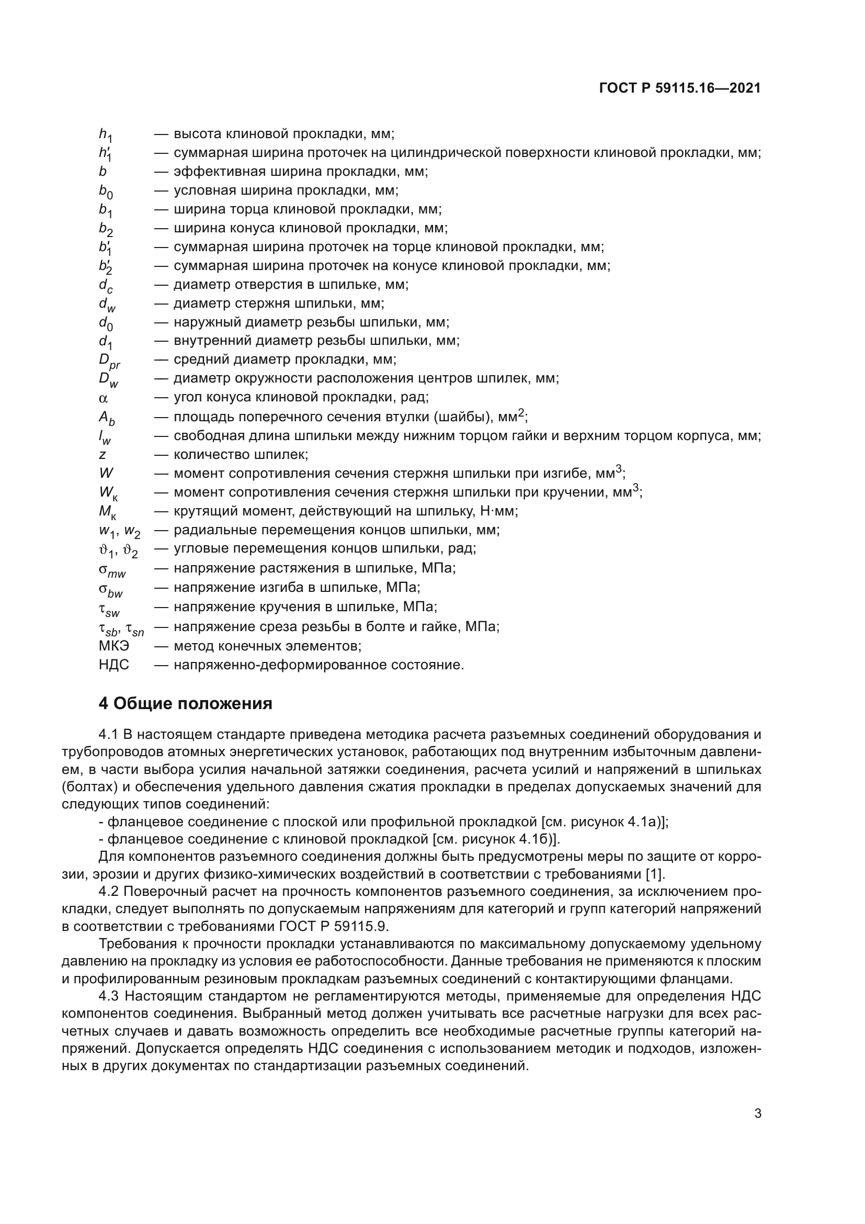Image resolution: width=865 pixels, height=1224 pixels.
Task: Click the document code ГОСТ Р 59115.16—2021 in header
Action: [x=680, y=88]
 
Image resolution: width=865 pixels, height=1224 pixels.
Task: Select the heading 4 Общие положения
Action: [x=185, y=704]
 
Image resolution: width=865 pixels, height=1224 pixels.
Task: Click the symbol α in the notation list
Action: [x=104, y=398]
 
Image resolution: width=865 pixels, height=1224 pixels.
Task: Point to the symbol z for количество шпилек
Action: [x=103, y=455]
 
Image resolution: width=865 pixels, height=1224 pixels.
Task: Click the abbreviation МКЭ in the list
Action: [x=113, y=646]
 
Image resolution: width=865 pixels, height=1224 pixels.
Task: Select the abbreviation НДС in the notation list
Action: [x=113, y=665]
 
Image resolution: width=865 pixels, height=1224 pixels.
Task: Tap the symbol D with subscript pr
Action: [x=109, y=362]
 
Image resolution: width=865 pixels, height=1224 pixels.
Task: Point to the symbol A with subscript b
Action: [x=107, y=419]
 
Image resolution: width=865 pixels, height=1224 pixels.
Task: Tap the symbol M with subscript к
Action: [x=108, y=513]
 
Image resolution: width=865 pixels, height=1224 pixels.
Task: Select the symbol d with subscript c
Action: [x=106, y=286]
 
